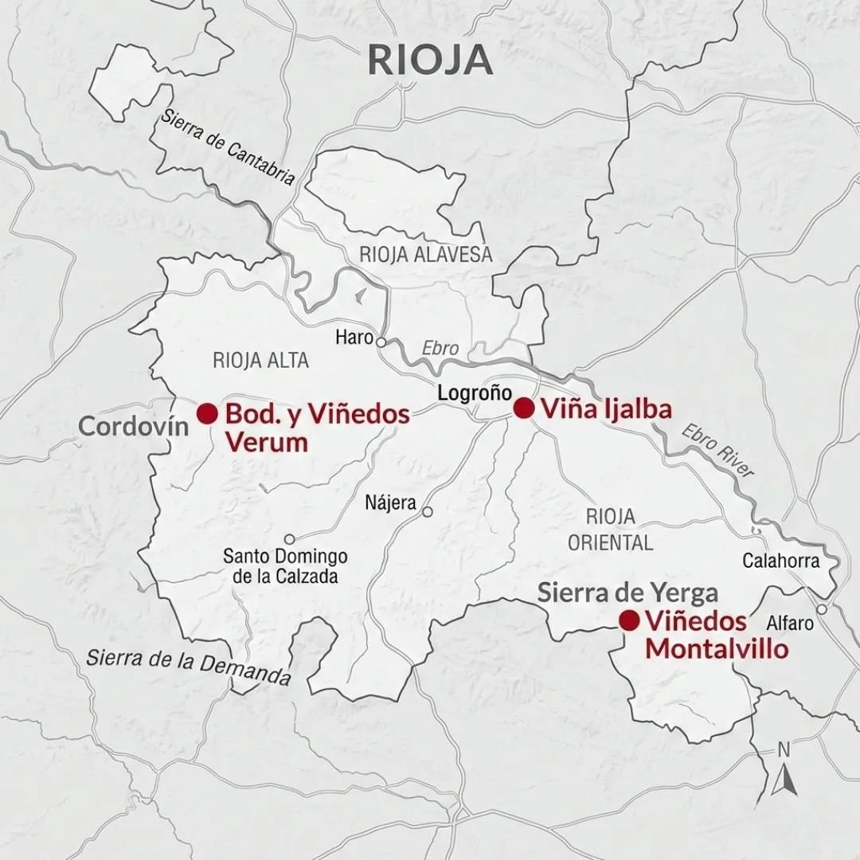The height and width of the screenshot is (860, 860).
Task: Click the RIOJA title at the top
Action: click(x=430, y=61)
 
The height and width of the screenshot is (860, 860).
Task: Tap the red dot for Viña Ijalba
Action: click(x=523, y=408)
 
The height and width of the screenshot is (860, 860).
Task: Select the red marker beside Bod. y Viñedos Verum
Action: click(x=207, y=413)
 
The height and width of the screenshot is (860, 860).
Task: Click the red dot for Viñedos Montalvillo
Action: click(x=629, y=620)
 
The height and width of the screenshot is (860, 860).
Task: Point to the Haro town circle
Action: click(x=381, y=342)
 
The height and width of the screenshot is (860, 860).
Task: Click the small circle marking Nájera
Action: click(x=427, y=512)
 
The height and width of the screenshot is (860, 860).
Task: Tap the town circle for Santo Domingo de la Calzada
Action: click(x=289, y=539)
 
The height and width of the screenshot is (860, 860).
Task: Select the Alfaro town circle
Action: click(x=822, y=609)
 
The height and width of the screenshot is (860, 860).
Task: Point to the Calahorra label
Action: click(x=780, y=561)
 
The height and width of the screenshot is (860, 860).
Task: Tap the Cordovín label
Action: click(x=134, y=426)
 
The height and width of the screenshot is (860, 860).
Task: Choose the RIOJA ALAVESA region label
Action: click(x=426, y=255)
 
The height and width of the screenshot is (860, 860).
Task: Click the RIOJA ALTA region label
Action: click(x=260, y=360)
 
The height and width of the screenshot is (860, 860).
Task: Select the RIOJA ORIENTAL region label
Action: click(x=610, y=530)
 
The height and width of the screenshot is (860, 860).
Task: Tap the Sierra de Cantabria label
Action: click(x=228, y=146)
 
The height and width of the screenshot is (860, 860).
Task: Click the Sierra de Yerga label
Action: click(x=627, y=592)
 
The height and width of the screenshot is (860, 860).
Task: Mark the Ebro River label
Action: click(x=717, y=451)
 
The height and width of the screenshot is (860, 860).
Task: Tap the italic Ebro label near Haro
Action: click(x=440, y=349)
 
